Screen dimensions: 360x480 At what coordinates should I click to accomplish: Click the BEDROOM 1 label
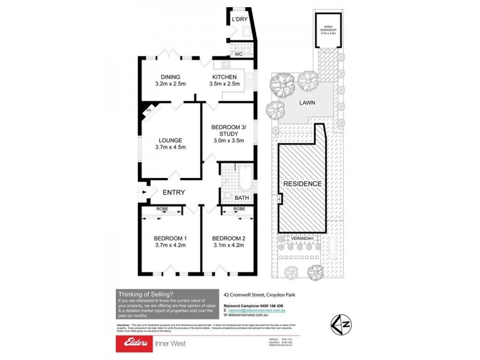[170, 241]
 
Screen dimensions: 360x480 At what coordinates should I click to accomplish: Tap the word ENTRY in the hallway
[173, 192]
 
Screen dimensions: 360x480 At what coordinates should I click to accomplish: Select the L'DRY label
[239, 20]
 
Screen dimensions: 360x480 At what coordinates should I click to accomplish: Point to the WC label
[238, 53]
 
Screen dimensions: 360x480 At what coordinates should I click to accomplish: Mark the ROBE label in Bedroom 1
[163, 208]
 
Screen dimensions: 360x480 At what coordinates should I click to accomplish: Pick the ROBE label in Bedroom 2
[239, 208]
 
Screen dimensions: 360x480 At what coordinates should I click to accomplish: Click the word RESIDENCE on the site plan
[302, 184]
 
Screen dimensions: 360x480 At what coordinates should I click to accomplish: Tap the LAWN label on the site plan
[308, 103]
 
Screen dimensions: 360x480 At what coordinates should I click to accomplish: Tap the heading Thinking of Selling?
[146, 293]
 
